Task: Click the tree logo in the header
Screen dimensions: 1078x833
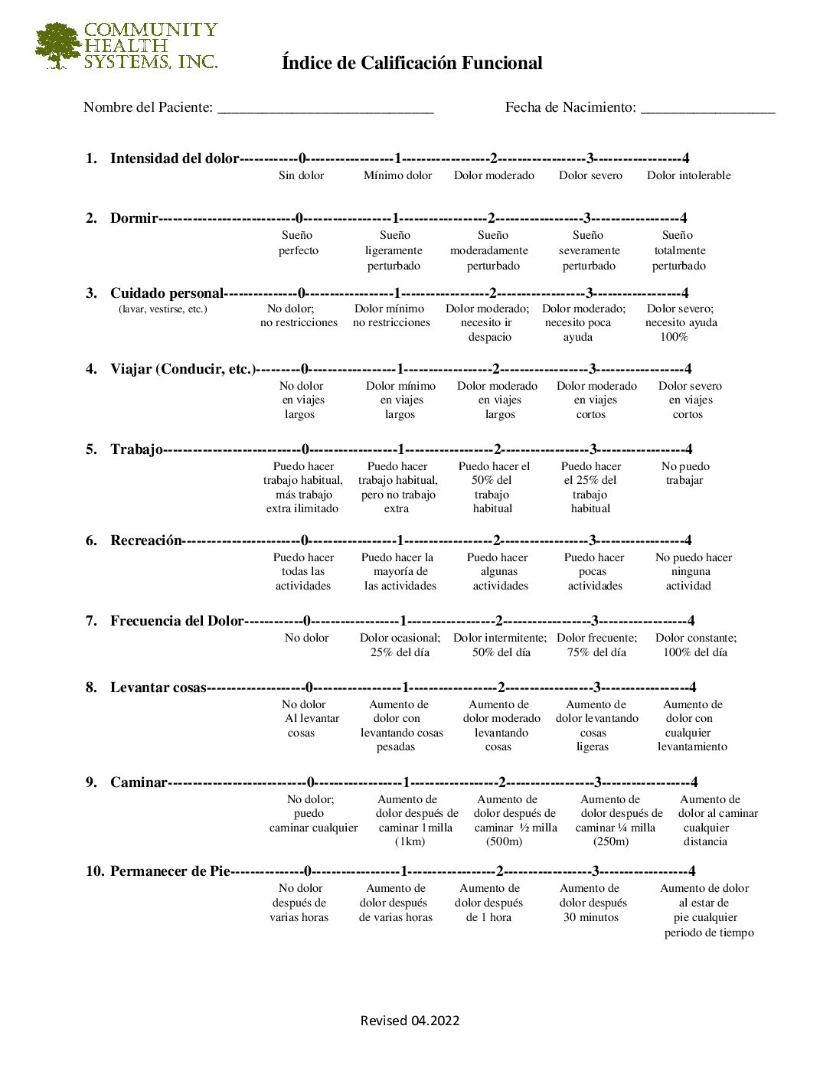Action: pyautogui.click(x=57, y=46)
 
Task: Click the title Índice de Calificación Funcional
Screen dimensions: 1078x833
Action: pyautogui.click(x=412, y=63)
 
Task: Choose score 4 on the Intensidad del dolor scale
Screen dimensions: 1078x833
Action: pyautogui.click(x=685, y=158)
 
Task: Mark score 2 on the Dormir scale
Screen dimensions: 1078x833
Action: pyautogui.click(x=492, y=218)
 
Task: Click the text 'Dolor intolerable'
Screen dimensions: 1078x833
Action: pyautogui.click(x=688, y=175)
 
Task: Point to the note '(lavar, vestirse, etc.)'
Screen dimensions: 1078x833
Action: pyautogui.click(x=162, y=309)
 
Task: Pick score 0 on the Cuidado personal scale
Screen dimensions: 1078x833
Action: pyautogui.click(x=302, y=293)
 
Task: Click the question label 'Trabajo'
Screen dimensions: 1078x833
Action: pyautogui.click(x=136, y=449)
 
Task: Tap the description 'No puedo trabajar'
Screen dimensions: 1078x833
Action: pyautogui.click(x=685, y=473)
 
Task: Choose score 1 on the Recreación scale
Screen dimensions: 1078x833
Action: pyautogui.click(x=399, y=541)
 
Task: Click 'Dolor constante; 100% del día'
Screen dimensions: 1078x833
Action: pyautogui.click(x=695, y=645)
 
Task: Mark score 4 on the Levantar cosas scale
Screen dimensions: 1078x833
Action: pyautogui.click(x=693, y=688)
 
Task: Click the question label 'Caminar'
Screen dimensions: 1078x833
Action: pyautogui.click(x=138, y=782)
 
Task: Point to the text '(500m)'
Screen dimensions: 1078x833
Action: pyautogui.click(x=504, y=841)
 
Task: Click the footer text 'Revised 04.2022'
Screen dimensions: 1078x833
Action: pyautogui.click(x=410, y=1021)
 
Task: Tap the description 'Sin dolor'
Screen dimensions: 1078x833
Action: pyautogui.click(x=301, y=175)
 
